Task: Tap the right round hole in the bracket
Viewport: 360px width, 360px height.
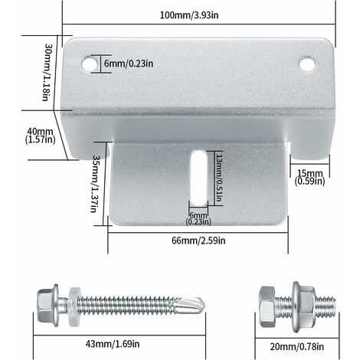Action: pos(306,65)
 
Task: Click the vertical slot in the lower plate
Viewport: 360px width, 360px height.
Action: pos(197,177)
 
